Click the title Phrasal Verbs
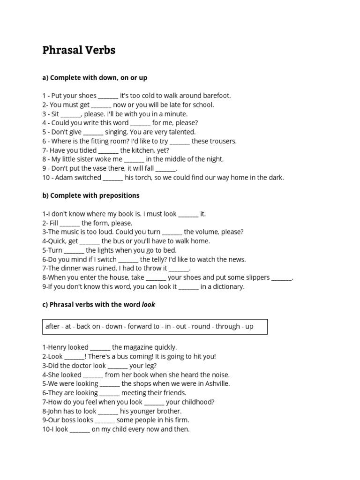tap(79, 50)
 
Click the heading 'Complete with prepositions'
tap(95, 195)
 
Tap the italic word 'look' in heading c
tap(148, 305)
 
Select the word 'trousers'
tap(223, 141)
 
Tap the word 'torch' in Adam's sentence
tap(144, 178)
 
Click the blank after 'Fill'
tap(70, 223)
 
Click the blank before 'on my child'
tap(80, 429)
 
